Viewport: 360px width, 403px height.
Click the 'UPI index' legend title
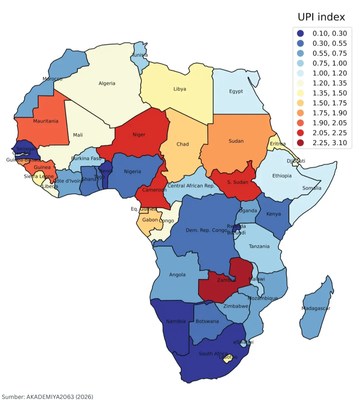321,17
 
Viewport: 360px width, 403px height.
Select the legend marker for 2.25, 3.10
300,143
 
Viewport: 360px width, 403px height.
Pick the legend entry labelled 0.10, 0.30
329,33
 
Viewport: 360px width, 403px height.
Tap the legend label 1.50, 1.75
329,103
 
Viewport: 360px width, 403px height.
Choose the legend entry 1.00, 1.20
329,73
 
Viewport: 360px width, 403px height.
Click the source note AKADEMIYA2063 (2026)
47,397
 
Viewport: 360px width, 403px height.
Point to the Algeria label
107,83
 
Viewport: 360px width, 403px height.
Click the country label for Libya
180,89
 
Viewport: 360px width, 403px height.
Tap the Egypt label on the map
236,91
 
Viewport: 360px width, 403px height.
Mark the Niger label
139,135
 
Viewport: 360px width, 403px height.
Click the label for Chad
182,144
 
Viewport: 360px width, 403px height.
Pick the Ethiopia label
282,176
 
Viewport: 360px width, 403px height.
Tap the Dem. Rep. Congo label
206,230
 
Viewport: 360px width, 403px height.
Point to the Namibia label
176,321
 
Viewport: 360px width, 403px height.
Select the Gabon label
150,220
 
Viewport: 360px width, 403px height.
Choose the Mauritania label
46,121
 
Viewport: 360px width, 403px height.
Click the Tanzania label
259,246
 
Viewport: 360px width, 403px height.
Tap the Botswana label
207,321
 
